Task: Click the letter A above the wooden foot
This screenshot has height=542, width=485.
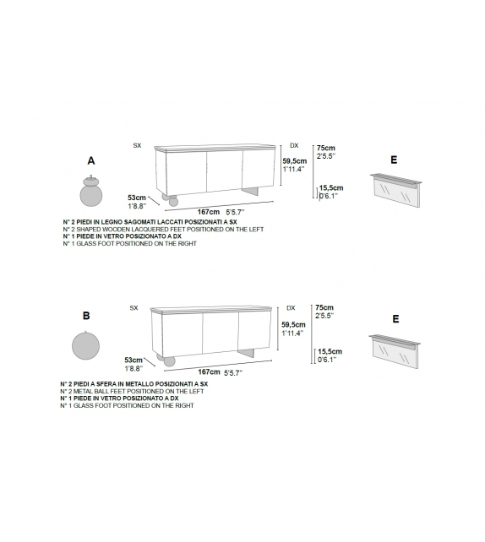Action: (x=90, y=160)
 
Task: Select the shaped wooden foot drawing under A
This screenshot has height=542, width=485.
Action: (x=90, y=190)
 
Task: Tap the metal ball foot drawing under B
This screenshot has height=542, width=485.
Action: (x=85, y=345)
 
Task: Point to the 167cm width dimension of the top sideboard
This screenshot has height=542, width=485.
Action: (x=208, y=212)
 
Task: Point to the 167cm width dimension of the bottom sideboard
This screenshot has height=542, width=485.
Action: (x=208, y=371)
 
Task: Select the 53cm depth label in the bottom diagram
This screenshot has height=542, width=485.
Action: (x=133, y=359)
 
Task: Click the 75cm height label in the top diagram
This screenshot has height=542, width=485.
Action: (x=324, y=147)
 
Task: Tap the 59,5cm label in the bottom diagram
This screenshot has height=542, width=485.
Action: (x=293, y=324)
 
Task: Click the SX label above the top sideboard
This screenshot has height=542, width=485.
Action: (x=137, y=146)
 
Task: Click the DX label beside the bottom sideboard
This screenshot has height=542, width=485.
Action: (x=291, y=308)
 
